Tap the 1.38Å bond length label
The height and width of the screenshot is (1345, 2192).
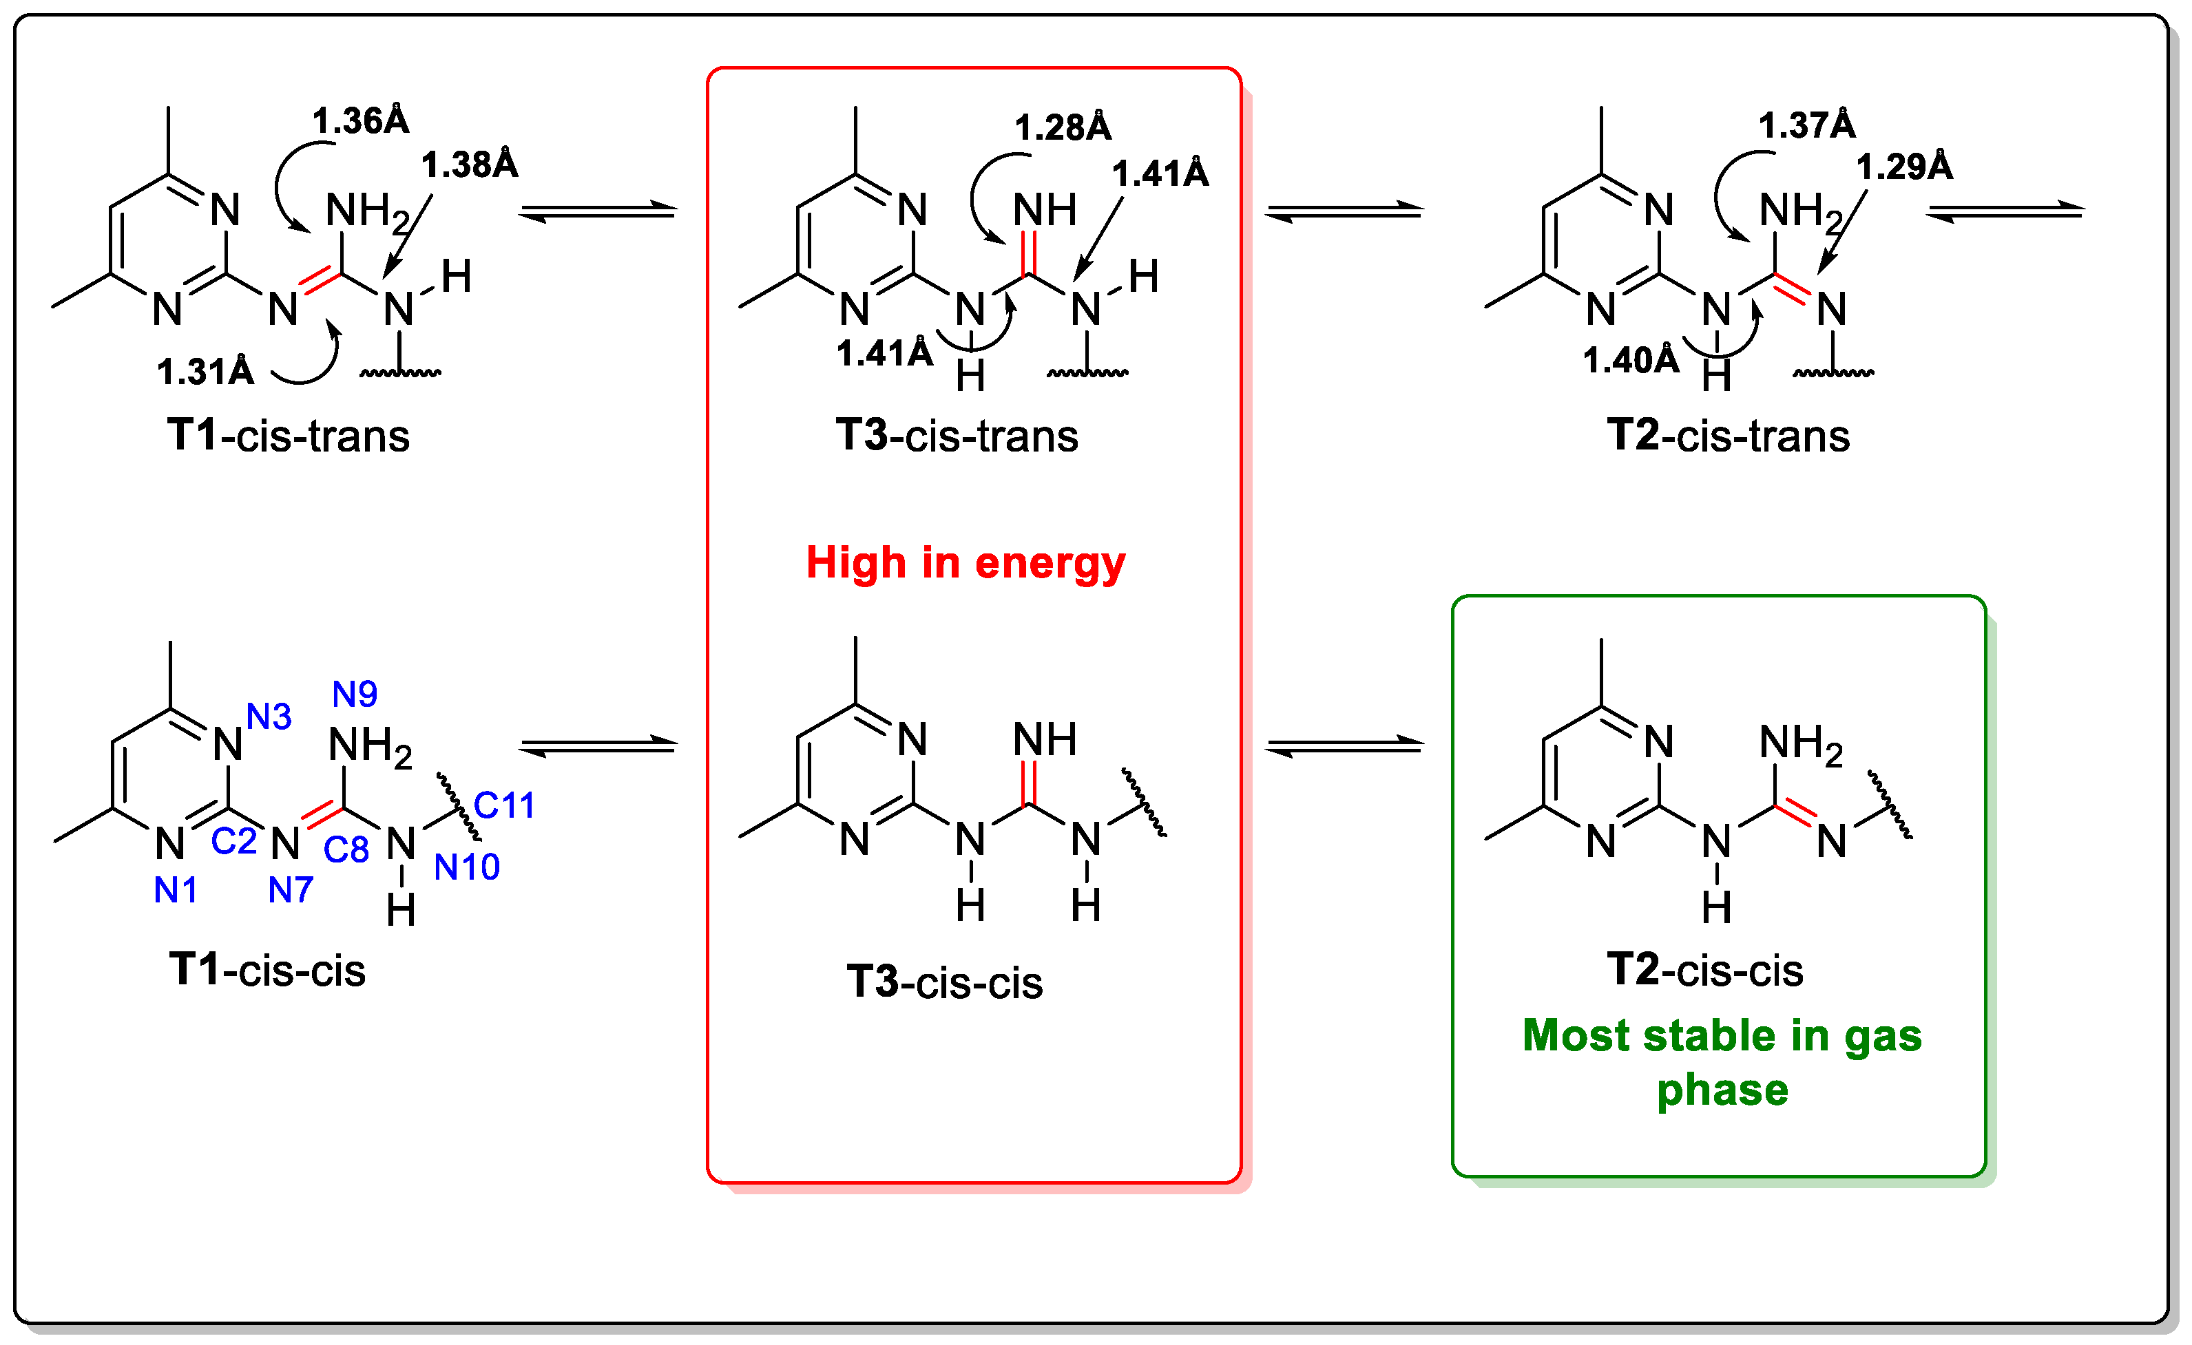coord(469,165)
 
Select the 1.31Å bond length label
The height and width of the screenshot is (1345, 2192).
coord(206,372)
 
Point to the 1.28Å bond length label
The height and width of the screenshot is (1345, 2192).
coord(1063,128)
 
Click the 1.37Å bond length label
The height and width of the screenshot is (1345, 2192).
coord(1806,125)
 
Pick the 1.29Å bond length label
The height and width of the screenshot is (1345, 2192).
coord(1905,167)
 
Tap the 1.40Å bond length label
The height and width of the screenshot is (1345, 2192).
coord(1631,360)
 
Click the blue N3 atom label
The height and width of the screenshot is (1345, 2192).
coord(269,716)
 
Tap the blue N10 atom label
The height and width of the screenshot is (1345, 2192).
coord(466,867)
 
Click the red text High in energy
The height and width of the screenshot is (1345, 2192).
coord(965,563)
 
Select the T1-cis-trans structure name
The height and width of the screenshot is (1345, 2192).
coord(289,436)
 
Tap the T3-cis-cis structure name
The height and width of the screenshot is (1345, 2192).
coord(944,983)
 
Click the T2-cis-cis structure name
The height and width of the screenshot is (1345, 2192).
coord(1705,970)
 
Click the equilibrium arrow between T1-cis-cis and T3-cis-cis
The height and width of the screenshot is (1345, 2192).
coord(598,745)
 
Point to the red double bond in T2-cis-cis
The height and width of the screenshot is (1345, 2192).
coord(1795,813)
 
